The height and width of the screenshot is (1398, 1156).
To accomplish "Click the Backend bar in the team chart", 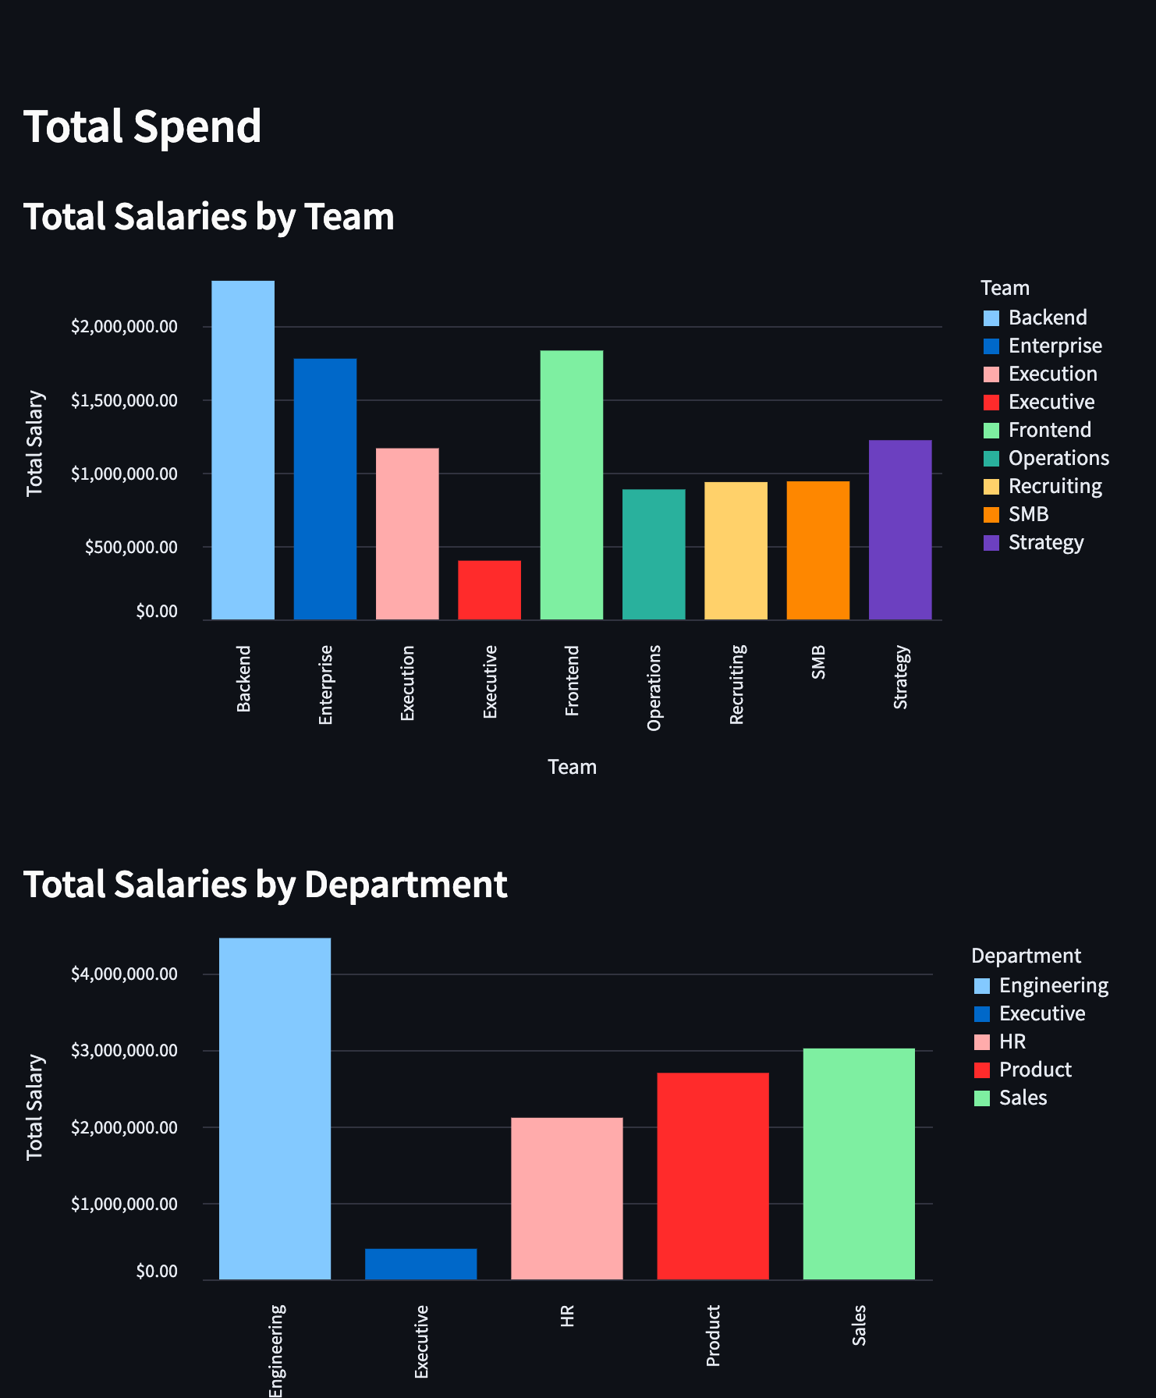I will [243, 450].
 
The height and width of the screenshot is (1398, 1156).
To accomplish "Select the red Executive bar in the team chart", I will [489, 590].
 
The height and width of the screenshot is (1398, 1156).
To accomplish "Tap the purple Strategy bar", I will [900, 530].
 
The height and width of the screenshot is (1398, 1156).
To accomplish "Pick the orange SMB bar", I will [817, 550].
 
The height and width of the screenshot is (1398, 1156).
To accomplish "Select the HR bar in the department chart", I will [566, 1198].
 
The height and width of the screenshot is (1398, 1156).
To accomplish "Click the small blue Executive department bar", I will [420, 1264].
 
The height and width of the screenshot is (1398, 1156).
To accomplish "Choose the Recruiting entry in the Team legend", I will [1055, 486].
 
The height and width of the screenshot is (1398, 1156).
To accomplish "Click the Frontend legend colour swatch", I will [991, 431].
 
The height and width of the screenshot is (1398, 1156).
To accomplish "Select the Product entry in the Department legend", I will [1035, 1070].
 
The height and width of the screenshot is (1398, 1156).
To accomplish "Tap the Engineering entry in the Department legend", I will [1053, 985].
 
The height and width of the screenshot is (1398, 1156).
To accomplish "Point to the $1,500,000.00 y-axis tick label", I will [124, 400].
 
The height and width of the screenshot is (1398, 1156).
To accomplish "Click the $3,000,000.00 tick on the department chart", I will [124, 1050].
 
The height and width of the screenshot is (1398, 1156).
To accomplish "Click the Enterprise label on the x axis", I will [325, 684].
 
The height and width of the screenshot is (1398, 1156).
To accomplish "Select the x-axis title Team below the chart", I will [572, 767].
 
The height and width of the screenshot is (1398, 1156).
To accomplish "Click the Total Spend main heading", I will [143, 126].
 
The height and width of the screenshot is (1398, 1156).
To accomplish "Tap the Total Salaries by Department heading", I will [265, 884].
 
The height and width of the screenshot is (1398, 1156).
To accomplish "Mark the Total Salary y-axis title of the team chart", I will [34, 443].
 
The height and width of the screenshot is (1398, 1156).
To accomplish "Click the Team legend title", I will [1005, 288].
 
